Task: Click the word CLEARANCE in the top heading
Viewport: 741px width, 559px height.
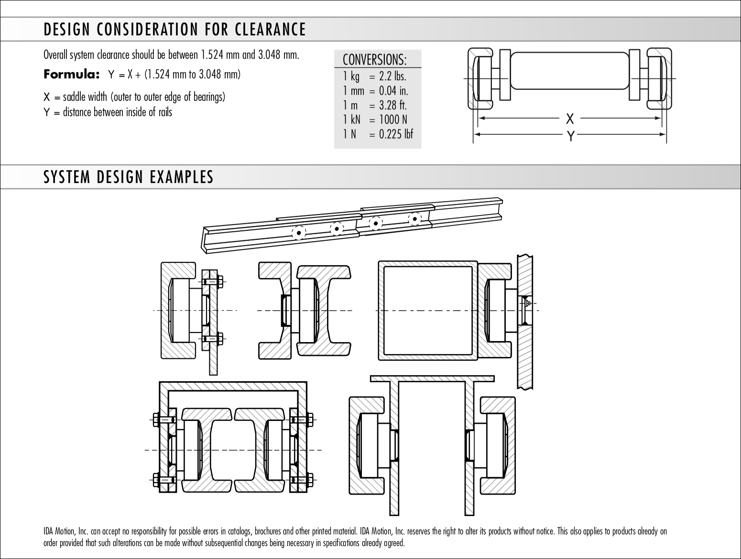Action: coord(270,30)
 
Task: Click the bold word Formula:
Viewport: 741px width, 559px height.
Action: coord(72,75)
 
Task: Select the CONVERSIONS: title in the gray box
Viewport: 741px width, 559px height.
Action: coord(375,60)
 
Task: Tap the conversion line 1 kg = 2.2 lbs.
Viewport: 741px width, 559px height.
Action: coord(374,76)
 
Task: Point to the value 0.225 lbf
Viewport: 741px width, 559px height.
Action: coord(396,134)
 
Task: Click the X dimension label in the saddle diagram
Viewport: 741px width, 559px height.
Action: coord(570,118)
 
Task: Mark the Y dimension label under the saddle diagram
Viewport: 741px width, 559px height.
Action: coord(570,136)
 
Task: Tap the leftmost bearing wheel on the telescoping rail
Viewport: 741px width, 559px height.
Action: coord(299,233)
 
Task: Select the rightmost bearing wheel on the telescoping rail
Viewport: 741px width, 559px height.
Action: coord(415,219)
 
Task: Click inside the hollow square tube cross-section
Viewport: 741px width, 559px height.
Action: coord(428,311)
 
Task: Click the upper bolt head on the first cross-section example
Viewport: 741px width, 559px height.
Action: coord(219,281)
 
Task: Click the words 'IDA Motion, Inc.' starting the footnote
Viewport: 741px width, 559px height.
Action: coord(65,531)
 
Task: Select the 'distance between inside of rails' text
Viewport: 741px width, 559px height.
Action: coord(118,112)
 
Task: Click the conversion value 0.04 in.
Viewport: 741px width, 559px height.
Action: coord(393,91)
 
